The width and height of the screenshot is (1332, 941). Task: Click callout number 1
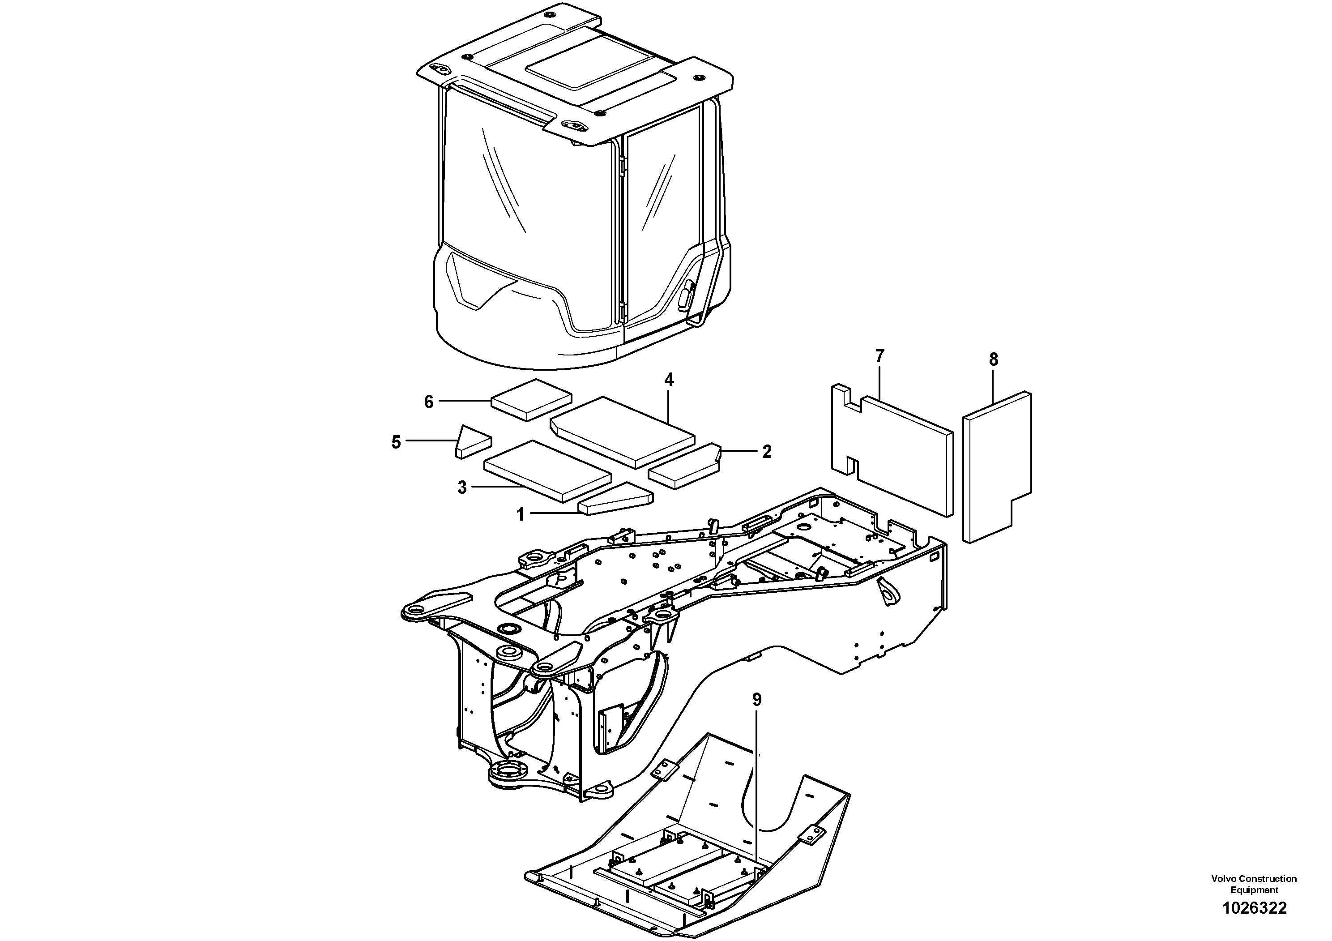pos(521,514)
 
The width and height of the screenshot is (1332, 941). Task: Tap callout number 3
pos(462,488)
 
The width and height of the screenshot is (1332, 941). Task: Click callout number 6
pos(429,402)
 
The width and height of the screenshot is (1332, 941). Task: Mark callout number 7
pos(879,356)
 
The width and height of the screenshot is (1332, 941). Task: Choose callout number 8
pos(994,359)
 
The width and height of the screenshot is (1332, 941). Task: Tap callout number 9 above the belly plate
pos(756,700)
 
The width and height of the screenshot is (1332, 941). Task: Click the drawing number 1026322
pos(1254,908)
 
